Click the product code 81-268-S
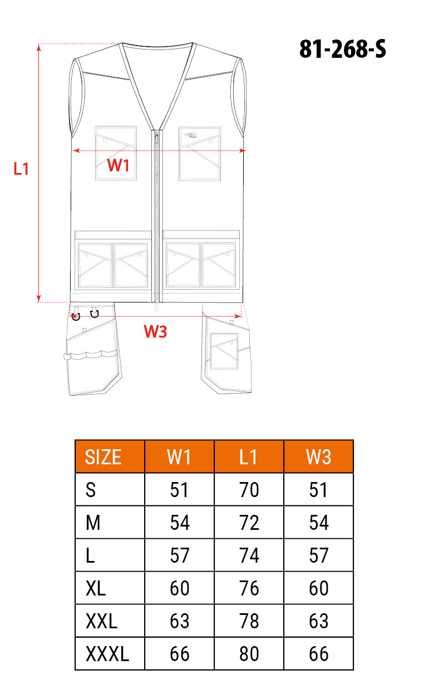coord(342,49)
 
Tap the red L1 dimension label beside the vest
coord(21,169)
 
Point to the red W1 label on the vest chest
coord(118,165)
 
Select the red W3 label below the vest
coord(155,331)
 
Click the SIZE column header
coord(103,456)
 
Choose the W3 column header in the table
coord(318,456)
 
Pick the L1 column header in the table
coord(248,456)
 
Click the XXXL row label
coord(107,654)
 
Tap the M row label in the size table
coord(93,523)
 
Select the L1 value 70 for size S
coord(249,490)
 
